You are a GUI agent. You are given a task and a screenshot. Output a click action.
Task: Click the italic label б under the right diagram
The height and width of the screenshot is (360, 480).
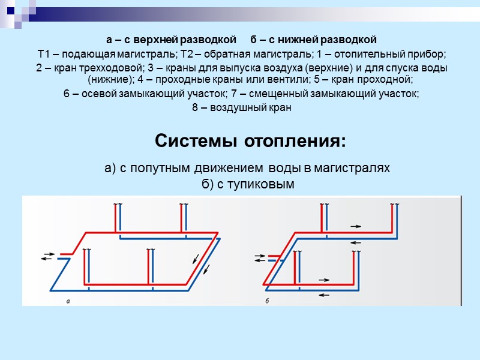(266, 301)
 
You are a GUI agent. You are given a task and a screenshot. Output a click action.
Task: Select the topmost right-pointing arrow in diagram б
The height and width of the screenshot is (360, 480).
(356, 226)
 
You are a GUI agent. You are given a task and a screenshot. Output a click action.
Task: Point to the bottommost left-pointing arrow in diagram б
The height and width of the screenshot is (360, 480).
(324, 294)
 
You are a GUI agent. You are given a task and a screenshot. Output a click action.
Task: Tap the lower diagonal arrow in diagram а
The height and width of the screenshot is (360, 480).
(207, 271)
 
